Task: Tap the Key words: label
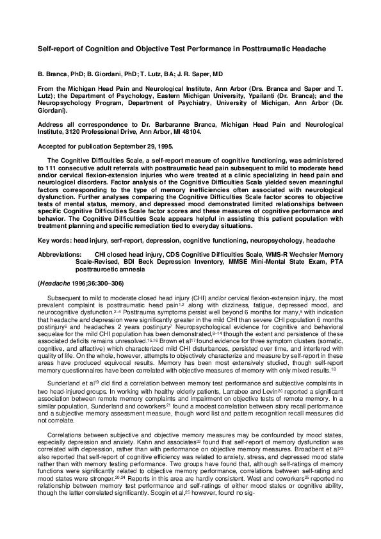coord(54,241)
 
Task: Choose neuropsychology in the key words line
coord(282,241)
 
